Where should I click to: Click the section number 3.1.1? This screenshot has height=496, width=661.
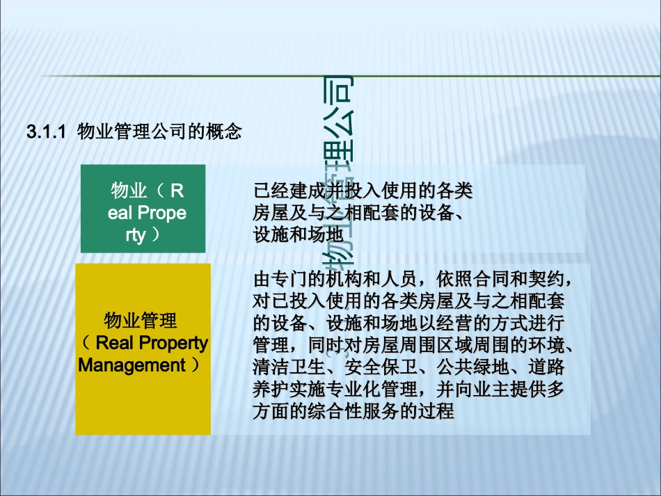pos(45,131)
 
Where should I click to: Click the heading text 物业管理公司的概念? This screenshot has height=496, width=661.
pos(159,131)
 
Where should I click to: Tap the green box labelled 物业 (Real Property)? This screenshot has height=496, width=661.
pos(143,209)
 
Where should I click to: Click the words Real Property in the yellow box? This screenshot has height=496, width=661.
pos(151,343)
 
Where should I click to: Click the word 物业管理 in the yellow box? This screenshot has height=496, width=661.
pos(141,321)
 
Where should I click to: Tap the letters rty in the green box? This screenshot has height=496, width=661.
pos(136,235)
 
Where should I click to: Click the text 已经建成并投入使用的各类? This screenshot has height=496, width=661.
pos(363,190)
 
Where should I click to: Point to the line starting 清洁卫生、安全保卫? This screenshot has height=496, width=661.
pos(409,367)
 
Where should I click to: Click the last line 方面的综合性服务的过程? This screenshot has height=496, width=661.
pos(353,411)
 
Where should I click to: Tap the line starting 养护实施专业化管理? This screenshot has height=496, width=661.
pos(409,389)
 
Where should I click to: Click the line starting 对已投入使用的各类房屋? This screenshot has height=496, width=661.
pos(409,302)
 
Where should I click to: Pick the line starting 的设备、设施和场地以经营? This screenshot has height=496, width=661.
pos(409,323)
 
